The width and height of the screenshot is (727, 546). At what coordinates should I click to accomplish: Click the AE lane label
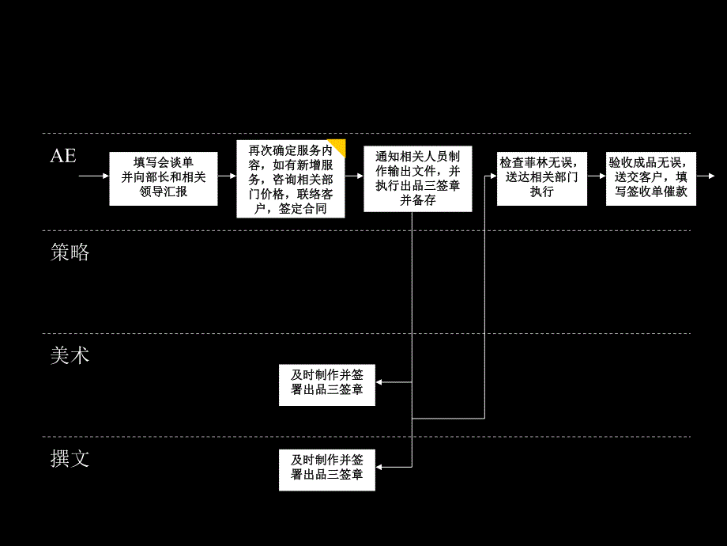[63, 156]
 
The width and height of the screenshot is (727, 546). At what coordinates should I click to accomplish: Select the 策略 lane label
[70, 253]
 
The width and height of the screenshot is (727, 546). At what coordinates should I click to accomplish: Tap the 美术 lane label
[70, 356]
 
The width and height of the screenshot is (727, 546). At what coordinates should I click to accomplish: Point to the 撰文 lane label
[70, 459]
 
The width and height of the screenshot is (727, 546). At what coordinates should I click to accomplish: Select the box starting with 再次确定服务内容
[291, 180]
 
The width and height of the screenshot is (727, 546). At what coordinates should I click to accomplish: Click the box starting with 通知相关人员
[418, 178]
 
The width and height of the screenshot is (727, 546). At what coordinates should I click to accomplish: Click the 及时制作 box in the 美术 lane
[327, 383]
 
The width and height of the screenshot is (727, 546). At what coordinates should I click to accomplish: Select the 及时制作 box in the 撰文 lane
[327, 468]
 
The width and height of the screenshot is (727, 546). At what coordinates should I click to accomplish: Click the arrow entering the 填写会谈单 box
[94, 176]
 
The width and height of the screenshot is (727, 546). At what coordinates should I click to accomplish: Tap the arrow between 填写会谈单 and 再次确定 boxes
[227, 176]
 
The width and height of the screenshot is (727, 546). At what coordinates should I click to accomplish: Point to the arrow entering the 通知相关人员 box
[355, 176]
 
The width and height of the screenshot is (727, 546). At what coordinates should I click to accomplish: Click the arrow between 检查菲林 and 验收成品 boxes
[596, 176]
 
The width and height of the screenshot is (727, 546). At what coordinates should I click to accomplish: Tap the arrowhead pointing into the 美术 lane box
[379, 383]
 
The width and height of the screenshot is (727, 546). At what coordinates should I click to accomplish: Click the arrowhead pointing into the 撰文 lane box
[379, 468]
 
